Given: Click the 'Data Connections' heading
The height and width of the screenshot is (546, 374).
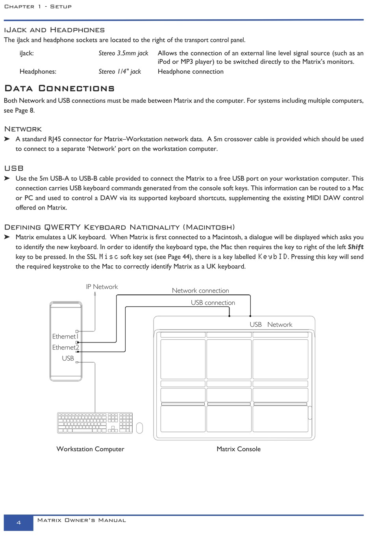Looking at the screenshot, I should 59,88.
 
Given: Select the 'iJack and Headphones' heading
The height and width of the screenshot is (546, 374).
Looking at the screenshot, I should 54,30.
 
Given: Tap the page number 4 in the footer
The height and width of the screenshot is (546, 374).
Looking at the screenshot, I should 19,523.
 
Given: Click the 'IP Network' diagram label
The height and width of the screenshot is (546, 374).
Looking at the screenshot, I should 102,287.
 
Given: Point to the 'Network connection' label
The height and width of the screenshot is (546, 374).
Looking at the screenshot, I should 200,291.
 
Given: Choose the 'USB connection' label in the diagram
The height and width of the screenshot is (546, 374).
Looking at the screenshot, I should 213,303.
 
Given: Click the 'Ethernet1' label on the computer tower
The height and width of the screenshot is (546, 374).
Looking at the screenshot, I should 65,337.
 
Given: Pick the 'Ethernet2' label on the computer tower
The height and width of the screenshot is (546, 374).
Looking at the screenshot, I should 65,348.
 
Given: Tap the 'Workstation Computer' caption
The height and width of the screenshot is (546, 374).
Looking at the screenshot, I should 90,449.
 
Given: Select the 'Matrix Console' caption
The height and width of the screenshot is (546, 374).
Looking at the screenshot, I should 239,449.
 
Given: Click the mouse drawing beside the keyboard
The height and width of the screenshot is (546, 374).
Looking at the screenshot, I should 139,428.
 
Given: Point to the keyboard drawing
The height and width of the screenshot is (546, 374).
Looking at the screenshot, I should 95,423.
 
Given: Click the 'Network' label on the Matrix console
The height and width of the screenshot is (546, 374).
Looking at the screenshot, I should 280,325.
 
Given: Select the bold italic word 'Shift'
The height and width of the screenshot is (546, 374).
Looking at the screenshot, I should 355,247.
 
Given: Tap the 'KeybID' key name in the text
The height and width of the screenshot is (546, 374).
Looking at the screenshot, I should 273,257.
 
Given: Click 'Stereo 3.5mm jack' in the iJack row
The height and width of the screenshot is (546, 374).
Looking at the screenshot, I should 123,53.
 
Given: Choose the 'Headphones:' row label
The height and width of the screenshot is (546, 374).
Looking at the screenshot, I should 38,72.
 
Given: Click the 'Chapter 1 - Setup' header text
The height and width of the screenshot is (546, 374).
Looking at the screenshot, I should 38,7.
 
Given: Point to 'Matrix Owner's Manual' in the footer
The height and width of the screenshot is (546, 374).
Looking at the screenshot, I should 81,520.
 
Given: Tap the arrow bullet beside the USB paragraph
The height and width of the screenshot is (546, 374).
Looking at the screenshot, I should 7,178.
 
